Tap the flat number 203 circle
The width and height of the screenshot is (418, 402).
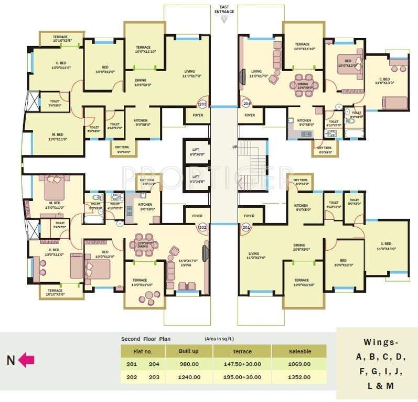[x=202, y=104]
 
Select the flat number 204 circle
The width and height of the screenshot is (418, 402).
[x=246, y=104]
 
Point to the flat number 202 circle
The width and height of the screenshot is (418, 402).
[x=202, y=228]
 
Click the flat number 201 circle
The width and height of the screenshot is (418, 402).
[x=246, y=228]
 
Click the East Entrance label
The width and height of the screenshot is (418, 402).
[x=224, y=9]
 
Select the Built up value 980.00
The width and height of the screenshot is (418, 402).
[x=189, y=364]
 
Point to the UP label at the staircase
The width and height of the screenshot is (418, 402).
[x=235, y=147]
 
